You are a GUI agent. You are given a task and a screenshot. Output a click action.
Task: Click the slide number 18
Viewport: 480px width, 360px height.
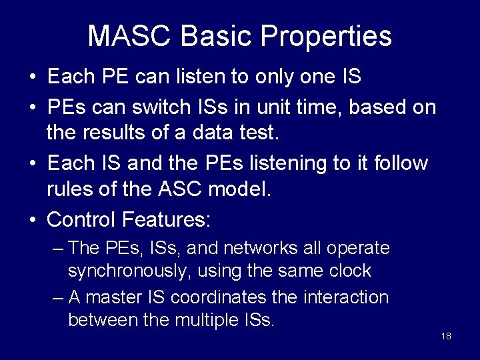pyautogui.click(x=446, y=336)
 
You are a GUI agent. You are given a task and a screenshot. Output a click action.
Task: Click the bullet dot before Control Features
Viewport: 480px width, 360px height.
pyautogui.click(x=33, y=219)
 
